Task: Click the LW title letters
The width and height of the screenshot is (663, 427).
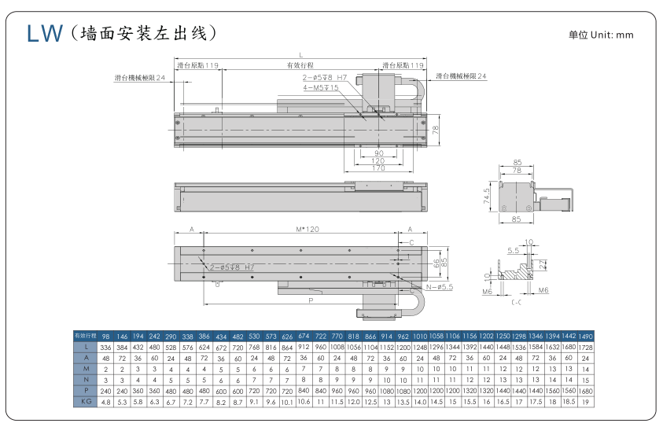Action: coord(45,33)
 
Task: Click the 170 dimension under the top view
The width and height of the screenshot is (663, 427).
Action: coord(378,167)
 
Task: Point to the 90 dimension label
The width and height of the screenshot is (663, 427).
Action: coord(378,153)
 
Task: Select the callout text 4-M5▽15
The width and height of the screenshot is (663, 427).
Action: coord(321,87)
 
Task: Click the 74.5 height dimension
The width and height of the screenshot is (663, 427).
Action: coord(488,195)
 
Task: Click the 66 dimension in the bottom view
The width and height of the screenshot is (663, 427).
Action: coord(437,265)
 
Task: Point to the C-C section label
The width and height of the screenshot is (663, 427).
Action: coord(516,300)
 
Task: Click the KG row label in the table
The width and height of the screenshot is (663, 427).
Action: coord(88,401)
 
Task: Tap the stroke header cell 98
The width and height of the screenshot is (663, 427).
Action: coord(106,335)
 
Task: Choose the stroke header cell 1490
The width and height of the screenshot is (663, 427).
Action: coord(585,335)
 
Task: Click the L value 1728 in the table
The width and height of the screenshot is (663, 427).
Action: coord(585,347)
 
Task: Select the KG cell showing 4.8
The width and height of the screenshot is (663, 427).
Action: coord(106,401)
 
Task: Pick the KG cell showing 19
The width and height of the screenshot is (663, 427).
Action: coord(585,401)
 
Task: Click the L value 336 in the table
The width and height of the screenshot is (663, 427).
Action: coord(106,347)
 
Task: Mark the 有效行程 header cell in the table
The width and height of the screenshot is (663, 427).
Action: coord(85,335)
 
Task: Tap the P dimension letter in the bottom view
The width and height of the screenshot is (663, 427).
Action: coord(311,300)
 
